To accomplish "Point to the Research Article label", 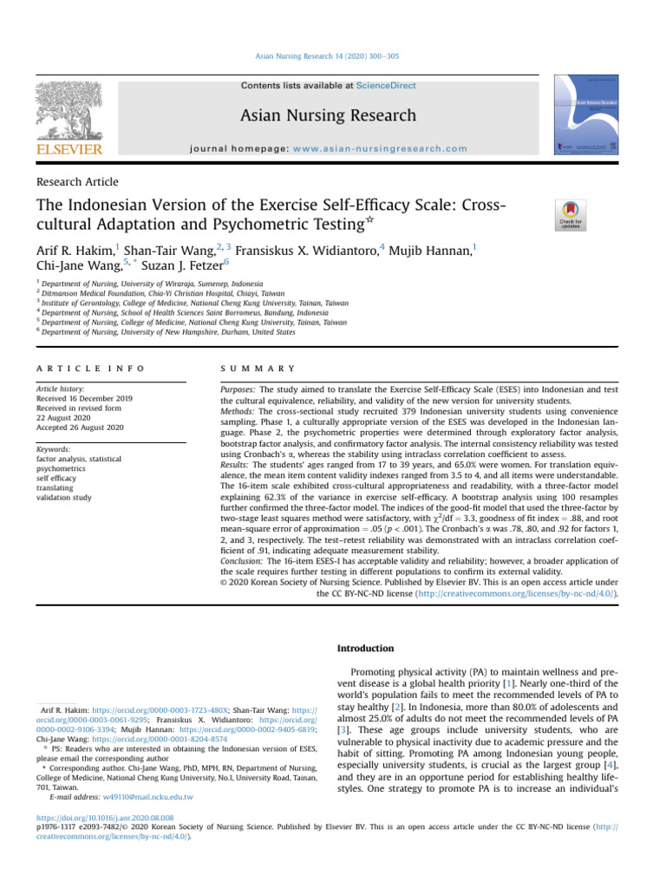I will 77,182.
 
